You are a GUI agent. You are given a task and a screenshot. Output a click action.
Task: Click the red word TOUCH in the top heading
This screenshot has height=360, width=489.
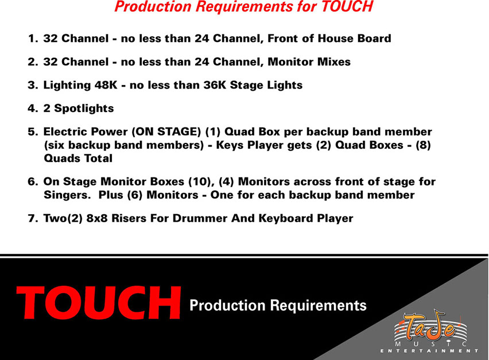coord(347,6)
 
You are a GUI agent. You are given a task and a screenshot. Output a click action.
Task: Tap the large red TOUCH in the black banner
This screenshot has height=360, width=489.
coord(99,303)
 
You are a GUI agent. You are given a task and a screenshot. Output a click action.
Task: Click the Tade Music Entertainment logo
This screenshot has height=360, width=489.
coord(429,332)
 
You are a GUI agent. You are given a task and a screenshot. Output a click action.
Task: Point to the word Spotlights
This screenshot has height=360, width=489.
coord(84,109)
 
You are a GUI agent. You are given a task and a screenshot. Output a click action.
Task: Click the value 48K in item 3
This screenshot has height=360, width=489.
coord(106,85)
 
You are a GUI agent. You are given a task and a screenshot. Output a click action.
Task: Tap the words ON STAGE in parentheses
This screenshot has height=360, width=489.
coord(166,131)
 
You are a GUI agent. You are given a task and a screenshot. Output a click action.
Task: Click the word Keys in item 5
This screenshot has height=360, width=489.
coord(230,145)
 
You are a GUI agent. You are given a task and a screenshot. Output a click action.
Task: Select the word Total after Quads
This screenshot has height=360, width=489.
coord(99,158)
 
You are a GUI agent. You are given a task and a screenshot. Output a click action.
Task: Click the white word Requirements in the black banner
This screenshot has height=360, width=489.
coord(318,305)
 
